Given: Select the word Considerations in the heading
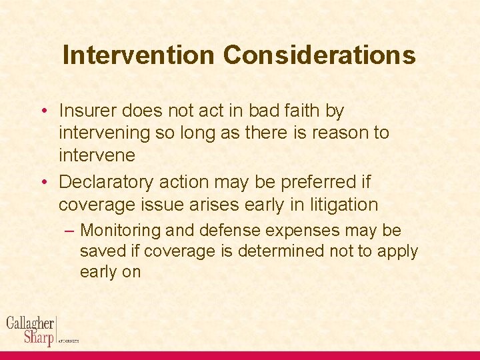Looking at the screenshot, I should click(x=319, y=55).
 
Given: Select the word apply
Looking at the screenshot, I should click(x=398, y=251).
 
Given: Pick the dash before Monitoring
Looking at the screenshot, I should click(x=70, y=231).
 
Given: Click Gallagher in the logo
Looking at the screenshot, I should click(x=30, y=324).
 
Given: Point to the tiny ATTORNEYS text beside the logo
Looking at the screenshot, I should click(x=69, y=341).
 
